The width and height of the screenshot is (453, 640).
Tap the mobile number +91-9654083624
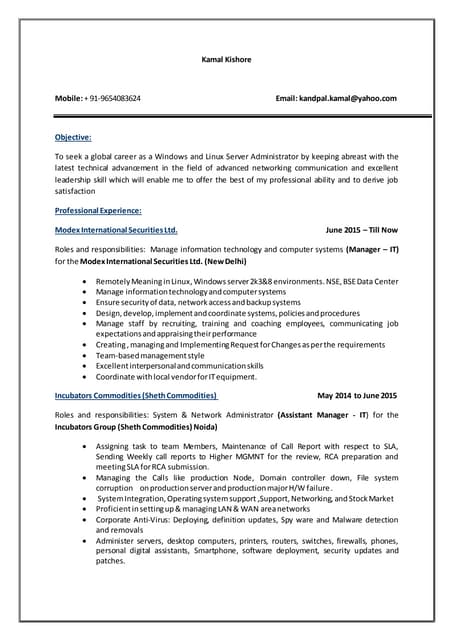pyautogui.click(x=115, y=98)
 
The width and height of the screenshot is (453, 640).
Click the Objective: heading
pyautogui.click(x=73, y=137)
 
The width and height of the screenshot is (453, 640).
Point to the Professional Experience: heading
pyautogui.click(x=98, y=210)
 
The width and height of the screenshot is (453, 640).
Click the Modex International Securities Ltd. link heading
pyautogui.click(x=116, y=229)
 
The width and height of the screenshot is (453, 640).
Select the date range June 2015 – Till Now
pyautogui.click(x=361, y=229)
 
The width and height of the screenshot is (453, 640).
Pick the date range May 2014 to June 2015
pyautogui.click(x=357, y=395)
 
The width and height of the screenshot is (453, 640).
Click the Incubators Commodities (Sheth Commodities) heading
pyautogui.click(x=136, y=395)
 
